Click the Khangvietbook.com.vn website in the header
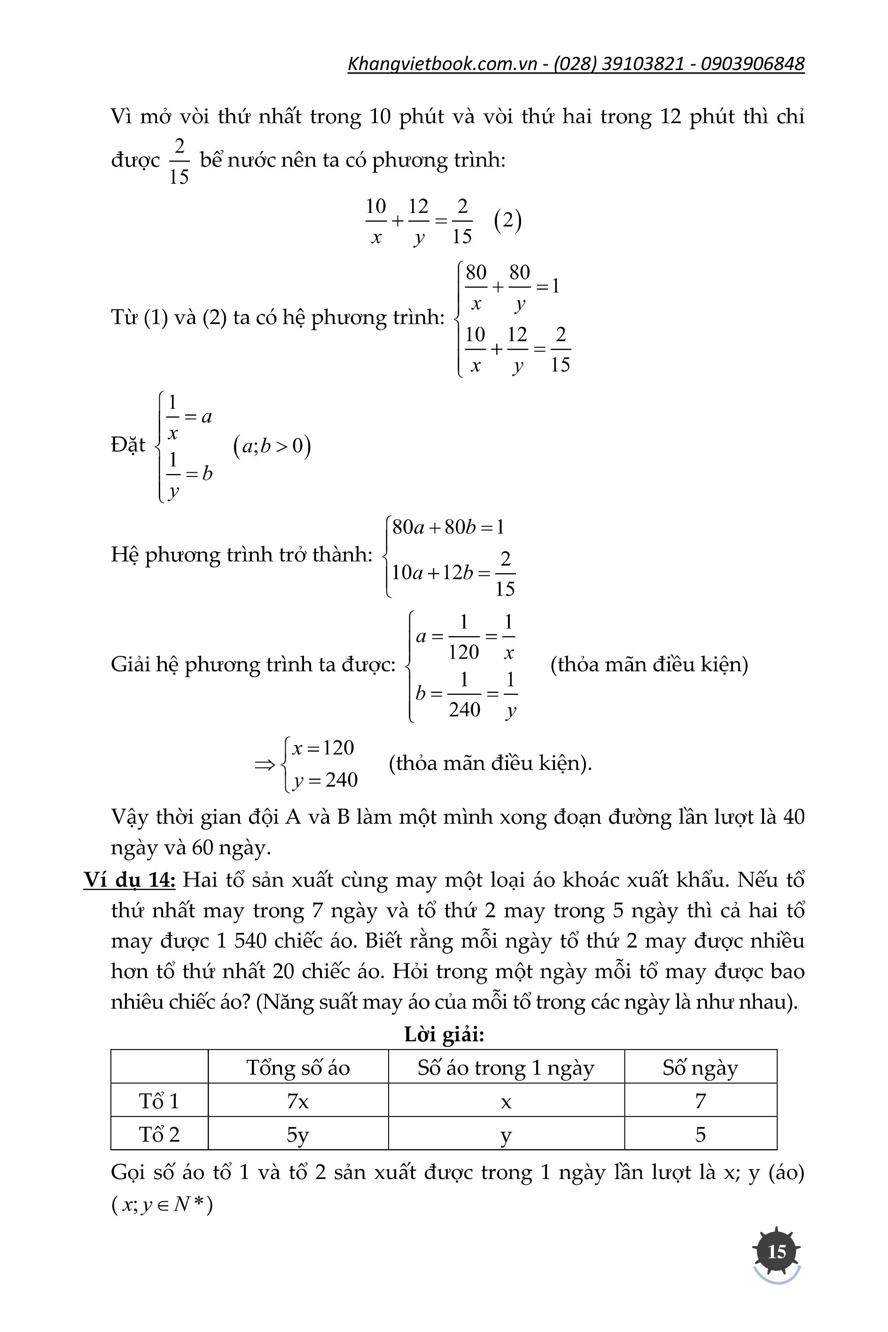point(442,63)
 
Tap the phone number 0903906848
point(752,63)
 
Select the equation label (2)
point(507,221)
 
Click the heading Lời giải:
point(444,1034)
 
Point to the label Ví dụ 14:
point(130,880)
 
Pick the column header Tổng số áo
point(298,1068)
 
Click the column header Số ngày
point(700,1068)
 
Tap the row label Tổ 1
point(159,1101)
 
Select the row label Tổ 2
point(159,1134)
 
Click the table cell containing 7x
point(298,1101)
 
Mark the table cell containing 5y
point(298,1134)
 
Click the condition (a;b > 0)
point(272,446)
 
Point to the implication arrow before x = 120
point(265,764)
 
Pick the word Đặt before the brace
point(128,445)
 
